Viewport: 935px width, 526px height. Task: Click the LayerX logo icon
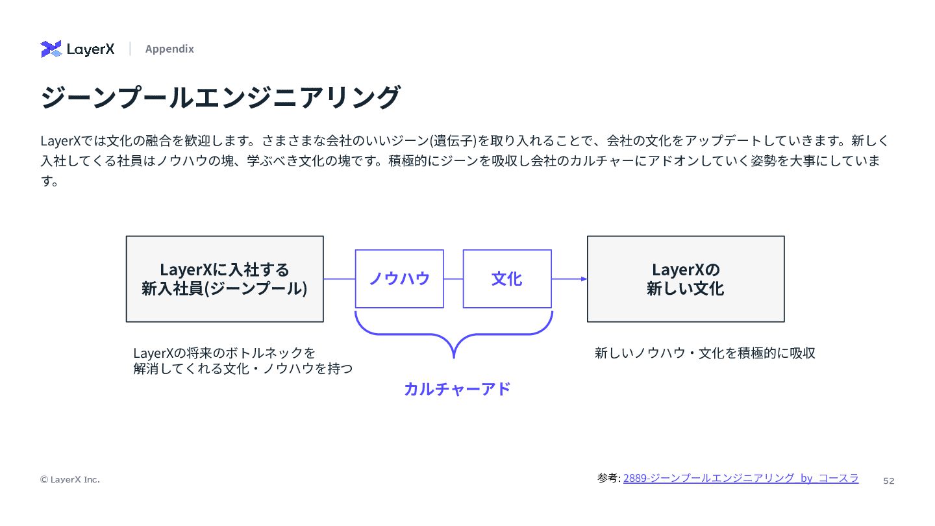51,49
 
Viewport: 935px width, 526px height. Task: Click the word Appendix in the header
169,49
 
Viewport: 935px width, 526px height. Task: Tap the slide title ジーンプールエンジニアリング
220,97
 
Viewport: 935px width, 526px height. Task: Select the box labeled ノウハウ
399,279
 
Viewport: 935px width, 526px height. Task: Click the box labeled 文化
507,279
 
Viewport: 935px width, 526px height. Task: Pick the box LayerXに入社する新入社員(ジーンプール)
225,279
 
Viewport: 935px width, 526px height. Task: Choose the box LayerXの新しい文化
686,279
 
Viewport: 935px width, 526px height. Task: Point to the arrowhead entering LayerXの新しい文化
584,279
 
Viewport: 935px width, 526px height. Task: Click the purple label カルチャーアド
457,388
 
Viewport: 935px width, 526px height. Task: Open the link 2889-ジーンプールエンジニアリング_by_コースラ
741,478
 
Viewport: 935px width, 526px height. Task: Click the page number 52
889,481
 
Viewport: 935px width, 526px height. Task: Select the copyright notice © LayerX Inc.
70,479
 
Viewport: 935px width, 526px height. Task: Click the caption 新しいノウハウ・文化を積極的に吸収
705,353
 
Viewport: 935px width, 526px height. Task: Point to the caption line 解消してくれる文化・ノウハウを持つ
243,369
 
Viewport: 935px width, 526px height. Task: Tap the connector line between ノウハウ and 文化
453,279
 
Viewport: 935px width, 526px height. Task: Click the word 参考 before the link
608,478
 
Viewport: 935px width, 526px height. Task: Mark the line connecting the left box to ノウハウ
339,279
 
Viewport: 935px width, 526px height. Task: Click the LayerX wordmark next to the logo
91,49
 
